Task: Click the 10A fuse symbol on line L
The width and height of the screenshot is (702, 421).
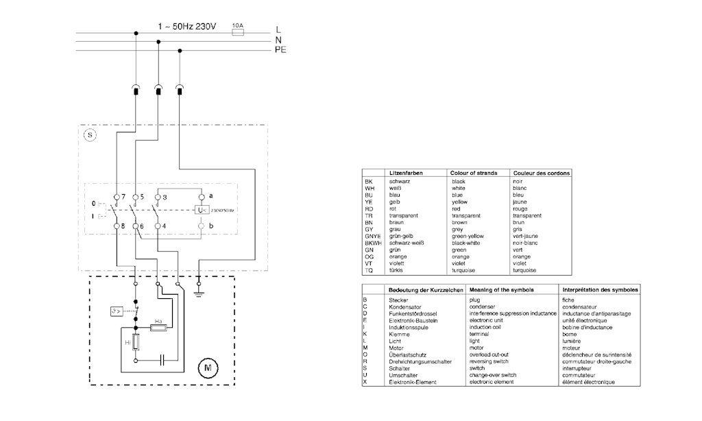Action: tap(238, 32)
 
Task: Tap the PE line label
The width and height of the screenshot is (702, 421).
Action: tap(280, 50)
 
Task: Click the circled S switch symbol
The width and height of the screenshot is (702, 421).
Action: tap(90, 135)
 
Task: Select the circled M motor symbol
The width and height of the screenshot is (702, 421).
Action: tap(208, 368)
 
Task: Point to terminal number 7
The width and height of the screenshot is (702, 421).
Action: tap(123, 197)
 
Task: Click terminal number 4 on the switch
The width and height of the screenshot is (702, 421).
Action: tap(164, 226)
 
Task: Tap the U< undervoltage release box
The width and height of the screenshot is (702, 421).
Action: tap(202, 210)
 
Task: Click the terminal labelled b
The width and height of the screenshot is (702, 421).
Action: tap(211, 226)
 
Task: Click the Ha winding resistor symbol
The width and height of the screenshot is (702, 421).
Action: tap(158, 328)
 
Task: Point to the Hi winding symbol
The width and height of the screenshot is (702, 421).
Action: tap(136, 343)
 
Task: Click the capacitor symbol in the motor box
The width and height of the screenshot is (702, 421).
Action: tap(162, 360)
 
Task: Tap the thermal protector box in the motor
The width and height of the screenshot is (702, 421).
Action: tap(117, 311)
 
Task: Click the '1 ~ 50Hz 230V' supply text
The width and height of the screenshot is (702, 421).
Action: tap(186, 27)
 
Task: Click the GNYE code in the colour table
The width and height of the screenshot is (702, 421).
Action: tap(372, 236)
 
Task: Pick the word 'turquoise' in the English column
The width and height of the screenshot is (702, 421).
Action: tap(463, 271)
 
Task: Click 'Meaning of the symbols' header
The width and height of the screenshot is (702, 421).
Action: tap(501, 290)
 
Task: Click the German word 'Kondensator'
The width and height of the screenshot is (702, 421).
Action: tap(404, 307)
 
